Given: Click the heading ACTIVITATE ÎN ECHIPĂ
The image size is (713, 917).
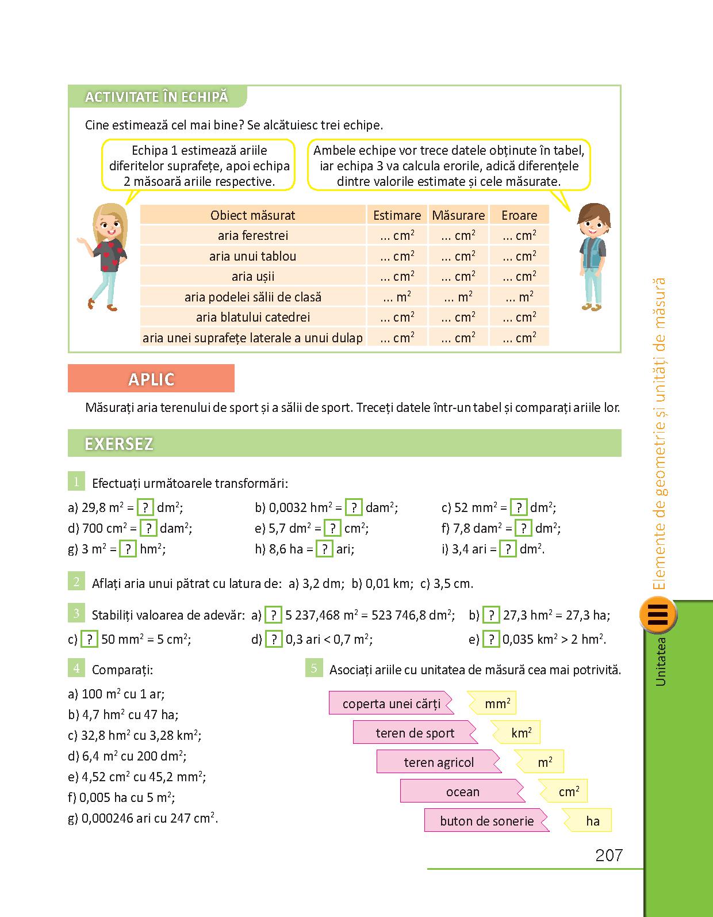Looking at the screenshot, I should click(156, 97).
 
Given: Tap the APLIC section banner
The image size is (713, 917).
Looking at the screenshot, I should click(151, 379).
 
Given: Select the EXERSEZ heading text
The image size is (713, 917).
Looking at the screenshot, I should click(119, 444).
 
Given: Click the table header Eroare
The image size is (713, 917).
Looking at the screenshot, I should click(519, 215).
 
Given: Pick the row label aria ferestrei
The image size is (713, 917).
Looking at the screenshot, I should click(253, 235).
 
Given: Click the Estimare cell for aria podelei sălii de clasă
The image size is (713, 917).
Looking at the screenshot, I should click(397, 297).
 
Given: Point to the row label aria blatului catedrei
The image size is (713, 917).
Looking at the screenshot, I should click(253, 317).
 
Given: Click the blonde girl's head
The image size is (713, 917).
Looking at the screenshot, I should click(110, 222).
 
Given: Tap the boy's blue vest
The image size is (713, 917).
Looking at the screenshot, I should click(593, 254).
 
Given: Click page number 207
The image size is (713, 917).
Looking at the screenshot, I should click(609, 855).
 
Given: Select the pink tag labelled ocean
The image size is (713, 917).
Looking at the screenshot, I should click(462, 792).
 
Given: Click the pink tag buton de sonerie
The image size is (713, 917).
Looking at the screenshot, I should click(486, 821).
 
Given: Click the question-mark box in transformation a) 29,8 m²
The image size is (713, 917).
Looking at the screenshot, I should click(146, 507).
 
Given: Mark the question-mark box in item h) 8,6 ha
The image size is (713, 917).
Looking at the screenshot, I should click(324, 549).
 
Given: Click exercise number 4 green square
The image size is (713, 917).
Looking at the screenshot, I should click(76, 668).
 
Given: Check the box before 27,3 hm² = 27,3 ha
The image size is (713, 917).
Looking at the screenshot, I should click(490, 615).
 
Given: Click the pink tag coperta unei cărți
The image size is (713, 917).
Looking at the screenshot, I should click(391, 704).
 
